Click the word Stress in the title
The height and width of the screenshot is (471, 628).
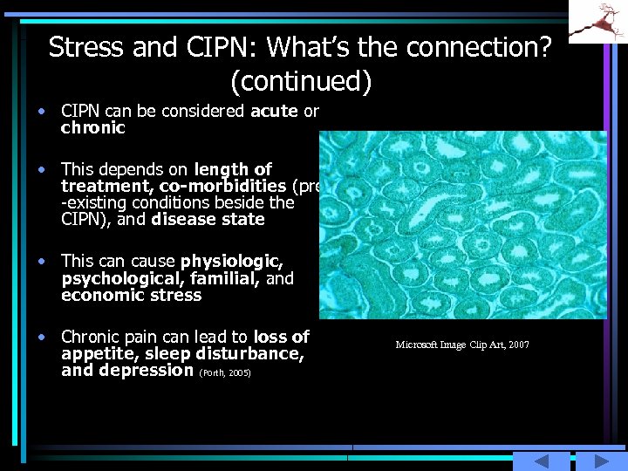[x=86, y=47]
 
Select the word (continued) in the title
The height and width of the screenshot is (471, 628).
[x=301, y=81]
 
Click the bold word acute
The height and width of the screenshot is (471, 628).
[x=274, y=111]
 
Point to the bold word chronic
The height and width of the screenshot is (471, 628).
[x=93, y=127]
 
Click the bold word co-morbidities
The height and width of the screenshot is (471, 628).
[x=222, y=186]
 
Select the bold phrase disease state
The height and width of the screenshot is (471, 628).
[x=208, y=219]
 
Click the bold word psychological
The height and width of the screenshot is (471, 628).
[x=120, y=278]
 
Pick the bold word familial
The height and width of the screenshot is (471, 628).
[x=230, y=278]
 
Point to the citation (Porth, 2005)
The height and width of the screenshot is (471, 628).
[x=225, y=372]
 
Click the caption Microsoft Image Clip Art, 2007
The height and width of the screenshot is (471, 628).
[x=462, y=345]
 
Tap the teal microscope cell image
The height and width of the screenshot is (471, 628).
[x=462, y=225]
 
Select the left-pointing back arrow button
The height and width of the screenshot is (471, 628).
[x=541, y=461]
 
